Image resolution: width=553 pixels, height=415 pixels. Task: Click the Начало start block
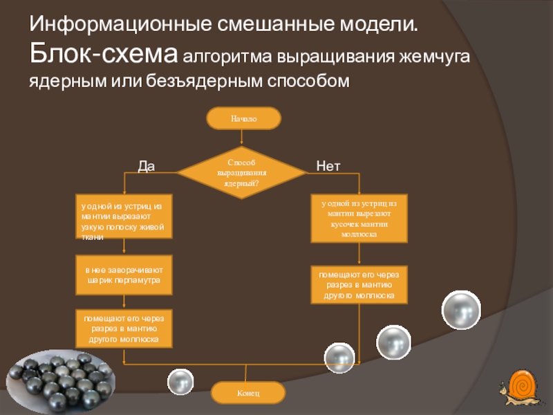pos(243,118)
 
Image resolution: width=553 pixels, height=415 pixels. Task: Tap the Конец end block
pos(247,393)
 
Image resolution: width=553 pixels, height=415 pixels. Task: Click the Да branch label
pos(146,166)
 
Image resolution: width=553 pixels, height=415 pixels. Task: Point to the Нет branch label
pos(328,166)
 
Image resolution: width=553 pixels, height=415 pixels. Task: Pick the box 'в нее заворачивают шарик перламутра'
pos(124,275)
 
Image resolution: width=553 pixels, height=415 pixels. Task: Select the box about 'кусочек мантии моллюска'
pos(359,219)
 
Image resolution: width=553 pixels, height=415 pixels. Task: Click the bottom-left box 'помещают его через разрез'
pos(124,329)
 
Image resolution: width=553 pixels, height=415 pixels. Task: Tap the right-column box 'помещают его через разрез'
pos(359,285)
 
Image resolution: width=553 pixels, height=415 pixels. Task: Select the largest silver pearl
pos(461,308)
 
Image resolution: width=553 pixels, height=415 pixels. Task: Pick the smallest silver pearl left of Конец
pos(181,381)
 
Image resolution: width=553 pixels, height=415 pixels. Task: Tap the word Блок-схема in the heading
pos(104,53)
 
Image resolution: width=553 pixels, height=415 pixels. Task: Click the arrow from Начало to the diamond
pos(241,138)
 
